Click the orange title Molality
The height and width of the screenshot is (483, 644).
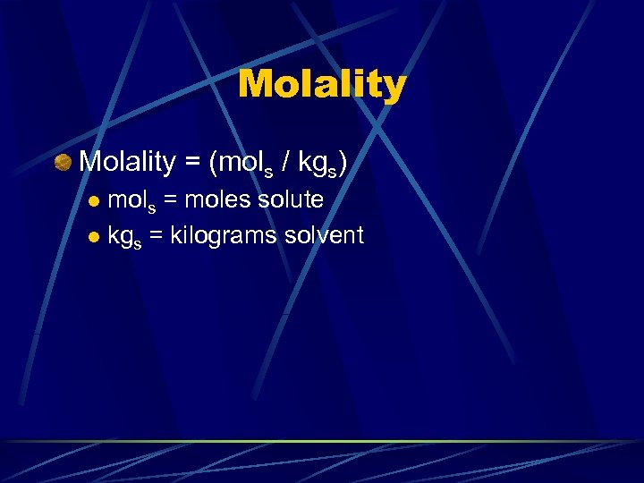coord(322,85)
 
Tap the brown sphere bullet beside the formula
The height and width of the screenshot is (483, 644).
coord(63,163)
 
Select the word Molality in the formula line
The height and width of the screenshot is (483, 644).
coord(127,163)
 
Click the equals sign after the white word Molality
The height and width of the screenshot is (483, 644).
coord(191,163)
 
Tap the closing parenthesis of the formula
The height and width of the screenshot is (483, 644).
coord(342,163)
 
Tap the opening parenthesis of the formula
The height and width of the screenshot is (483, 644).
coord(213,163)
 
